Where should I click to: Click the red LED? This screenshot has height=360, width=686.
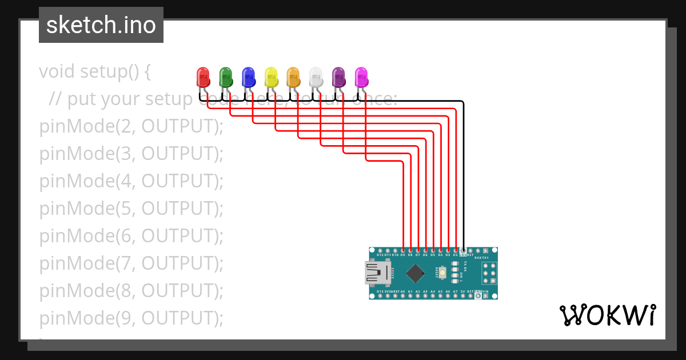click(x=203, y=77)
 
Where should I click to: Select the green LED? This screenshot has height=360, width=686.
click(x=226, y=77)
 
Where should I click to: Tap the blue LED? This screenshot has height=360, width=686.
click(x=248, y=77)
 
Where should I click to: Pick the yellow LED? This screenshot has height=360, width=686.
click(x=271, y=77)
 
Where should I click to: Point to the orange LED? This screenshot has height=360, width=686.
click(x=293, y=77)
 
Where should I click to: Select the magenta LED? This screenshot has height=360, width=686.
click(x=361, y=77)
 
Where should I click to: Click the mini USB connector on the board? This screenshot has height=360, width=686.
click(x=376, y=273)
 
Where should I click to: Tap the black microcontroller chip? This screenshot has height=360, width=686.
click(x=414, y=274)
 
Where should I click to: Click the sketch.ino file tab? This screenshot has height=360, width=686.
click(x=101, y=25)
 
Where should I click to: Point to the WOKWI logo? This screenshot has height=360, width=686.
click(x=608, y=315)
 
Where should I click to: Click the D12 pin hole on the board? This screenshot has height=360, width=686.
click(x=373, y=250)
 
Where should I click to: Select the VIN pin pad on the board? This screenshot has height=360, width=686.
click(x=485, y=297)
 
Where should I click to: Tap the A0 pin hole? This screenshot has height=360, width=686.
click(x=403, y=297)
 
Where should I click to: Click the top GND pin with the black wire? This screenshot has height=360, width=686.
click(x=463, y=250)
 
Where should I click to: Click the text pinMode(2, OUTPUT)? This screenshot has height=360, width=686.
click(x=131, y=126)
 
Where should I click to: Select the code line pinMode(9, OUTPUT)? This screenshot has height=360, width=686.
click(x=131, y=318)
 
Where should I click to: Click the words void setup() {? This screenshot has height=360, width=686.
click(x=95, y=71)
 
